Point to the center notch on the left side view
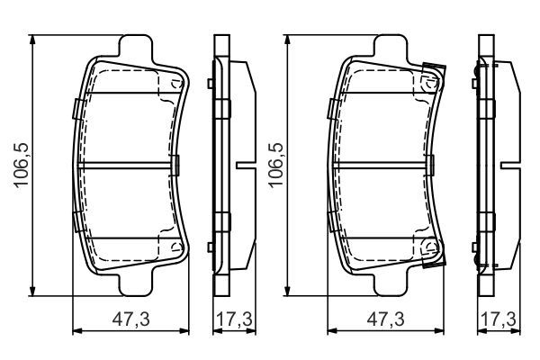coord(241,166)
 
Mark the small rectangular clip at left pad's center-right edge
coord(177,166)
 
